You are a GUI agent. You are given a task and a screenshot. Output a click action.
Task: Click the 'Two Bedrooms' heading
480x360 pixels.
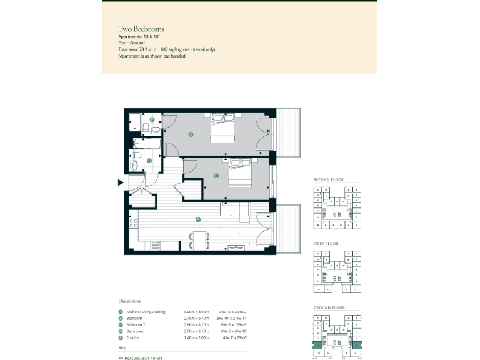[x=141, y=29]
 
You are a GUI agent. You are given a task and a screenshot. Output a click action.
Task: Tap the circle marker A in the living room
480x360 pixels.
[x=198, y=219]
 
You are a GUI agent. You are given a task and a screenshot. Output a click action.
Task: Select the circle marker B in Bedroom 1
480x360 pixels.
[x=191, y=134]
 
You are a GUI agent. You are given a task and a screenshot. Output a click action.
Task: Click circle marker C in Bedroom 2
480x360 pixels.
[x=216, y=176]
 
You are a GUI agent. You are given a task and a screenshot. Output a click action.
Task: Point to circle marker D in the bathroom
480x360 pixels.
[x=149, y=161]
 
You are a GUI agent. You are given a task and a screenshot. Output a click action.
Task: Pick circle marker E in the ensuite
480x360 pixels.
[x=152, y=119]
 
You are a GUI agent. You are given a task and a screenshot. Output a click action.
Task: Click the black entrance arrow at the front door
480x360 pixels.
[x=121, y=182]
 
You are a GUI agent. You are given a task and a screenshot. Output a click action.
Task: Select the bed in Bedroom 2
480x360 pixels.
[x=241, y=172]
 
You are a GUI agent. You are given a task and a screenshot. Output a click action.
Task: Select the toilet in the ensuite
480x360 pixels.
[x=145, y=128]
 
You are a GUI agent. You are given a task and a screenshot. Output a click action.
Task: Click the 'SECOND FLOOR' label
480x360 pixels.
[x=329, y=180]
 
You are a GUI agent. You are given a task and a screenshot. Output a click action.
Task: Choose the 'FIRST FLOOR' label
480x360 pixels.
[x=327, y=244]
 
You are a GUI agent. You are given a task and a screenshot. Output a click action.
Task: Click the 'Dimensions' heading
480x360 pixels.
[x=129, y=301]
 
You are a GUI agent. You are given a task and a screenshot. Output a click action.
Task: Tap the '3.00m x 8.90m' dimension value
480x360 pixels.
[x=196, y=312]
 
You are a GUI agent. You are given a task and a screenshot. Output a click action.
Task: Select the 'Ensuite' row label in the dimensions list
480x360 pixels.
[x=134, y=338]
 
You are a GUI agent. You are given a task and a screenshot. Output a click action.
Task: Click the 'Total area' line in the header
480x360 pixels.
[x=166, y=49]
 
